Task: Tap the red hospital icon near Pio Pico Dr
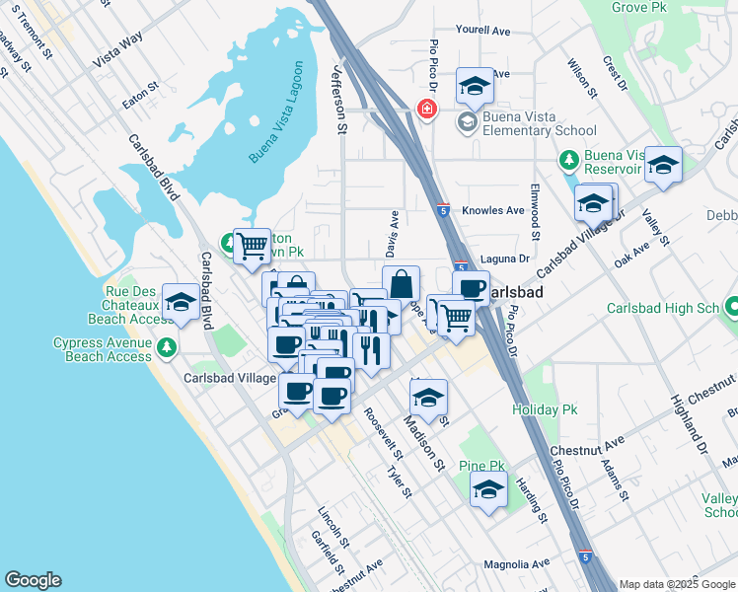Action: tap(427, 109)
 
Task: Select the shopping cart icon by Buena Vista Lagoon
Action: tap(254, 244)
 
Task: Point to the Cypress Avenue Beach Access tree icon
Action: tap(167, 347)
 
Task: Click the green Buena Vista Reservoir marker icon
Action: tap(568, 160)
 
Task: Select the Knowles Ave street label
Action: tap(493, 210)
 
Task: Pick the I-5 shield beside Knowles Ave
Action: tap(444, 209)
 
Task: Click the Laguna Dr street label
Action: tap(505, 259)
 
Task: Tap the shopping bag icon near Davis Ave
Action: tap(401, 283)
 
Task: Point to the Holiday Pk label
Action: tap(544, 408)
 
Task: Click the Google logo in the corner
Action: tap(33, 580)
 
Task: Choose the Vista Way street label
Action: tap(117, 52)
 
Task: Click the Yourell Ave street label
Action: tap(482, 30)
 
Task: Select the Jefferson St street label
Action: tap(340, 98)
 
